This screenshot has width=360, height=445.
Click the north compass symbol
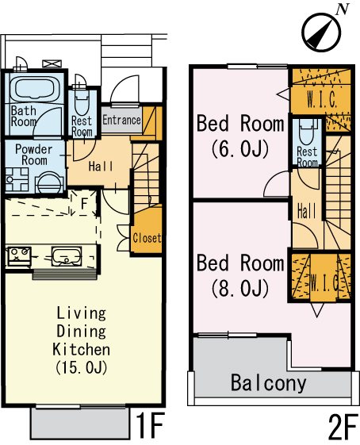(321, 32)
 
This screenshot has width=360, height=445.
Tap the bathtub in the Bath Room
(35, 88)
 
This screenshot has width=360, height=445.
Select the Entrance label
(121, 120)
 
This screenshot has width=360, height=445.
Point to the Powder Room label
(34, 155)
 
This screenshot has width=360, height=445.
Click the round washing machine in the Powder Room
(49, 182)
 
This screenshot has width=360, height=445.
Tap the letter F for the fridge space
(84, 204)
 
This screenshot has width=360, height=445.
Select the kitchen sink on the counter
(67, 257)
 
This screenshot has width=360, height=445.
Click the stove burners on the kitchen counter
(19, 255)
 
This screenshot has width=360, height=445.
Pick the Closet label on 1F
(147, 238)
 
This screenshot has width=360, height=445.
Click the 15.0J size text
(82, 367)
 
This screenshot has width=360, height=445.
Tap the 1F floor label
(150, 426)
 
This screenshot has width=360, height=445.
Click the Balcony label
(269, 383)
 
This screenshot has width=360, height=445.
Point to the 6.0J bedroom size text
(240, 149)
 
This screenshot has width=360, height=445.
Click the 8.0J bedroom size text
(240, 288)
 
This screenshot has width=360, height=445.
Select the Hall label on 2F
(306, 212)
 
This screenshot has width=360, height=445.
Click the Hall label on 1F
(101, 167)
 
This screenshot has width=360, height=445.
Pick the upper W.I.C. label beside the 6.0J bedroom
(322, 100)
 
